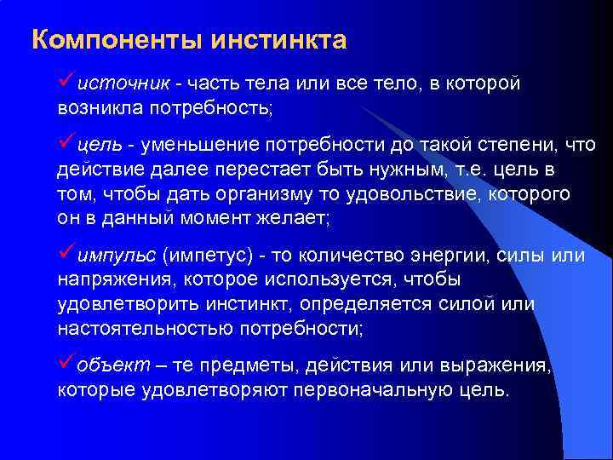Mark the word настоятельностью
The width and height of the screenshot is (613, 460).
click(140, 328)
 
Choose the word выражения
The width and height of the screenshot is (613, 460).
click(496, 367)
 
